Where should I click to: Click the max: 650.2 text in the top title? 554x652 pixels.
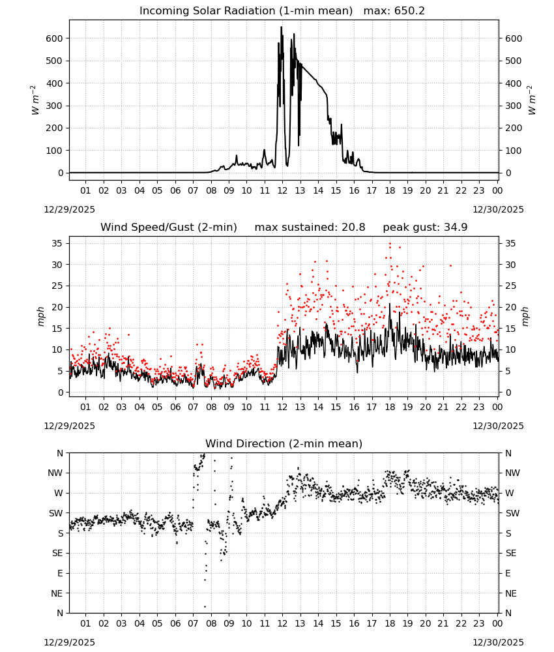(394, 11)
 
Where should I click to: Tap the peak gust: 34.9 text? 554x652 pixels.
(425, 228)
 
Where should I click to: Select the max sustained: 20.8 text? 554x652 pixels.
(310, 228)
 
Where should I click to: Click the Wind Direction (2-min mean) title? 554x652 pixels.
(284, 443)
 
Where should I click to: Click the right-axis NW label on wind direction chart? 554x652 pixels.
(512, 473)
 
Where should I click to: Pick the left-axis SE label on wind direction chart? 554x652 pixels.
(57, 553)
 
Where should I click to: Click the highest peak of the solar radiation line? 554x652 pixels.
(282, 27)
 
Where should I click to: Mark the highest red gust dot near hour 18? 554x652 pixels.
(390, 244)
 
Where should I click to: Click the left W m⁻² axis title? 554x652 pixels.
(35, 100)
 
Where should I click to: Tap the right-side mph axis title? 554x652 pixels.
(525, 316)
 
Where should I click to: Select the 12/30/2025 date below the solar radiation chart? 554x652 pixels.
(499, 209)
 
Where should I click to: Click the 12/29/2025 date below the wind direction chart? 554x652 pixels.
(69, 642)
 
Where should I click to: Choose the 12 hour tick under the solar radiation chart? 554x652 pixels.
(282, 190)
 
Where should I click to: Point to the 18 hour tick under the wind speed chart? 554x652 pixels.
(390, 407)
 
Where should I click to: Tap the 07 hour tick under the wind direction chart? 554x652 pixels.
(193, 623)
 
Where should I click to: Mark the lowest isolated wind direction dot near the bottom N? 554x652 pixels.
(205, 606)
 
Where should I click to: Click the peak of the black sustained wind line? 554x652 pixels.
(390, 304)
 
